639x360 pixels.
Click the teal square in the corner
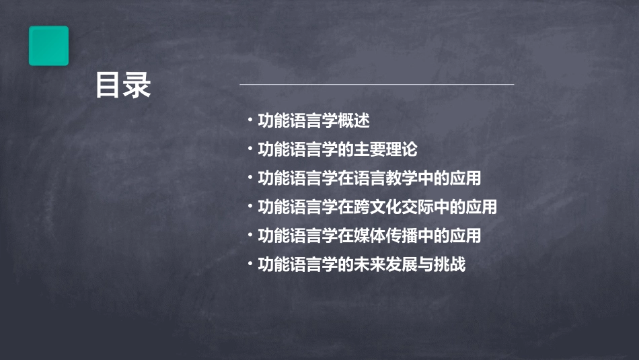click(x=48, y=46)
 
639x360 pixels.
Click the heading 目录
click(x=123, y=86)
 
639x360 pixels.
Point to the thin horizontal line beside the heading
click(x=377, y=85)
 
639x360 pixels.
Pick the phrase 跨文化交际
click(x=394, y=207)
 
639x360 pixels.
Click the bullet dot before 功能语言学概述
click(x=250, y=120)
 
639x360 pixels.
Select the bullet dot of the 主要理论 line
click(x=250, y=149)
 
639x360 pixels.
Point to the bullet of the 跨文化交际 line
click(x=250, y=207)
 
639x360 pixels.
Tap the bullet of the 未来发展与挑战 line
click(x=250, y=264)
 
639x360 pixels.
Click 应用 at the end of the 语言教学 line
click(x=466, y=178)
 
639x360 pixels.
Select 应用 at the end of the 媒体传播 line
click(x=466, y=236)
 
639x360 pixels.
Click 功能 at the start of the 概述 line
click(x=274, y=120)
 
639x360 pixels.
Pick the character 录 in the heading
click(x=138, y=86)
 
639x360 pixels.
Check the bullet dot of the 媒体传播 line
click(x=250, y=236)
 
